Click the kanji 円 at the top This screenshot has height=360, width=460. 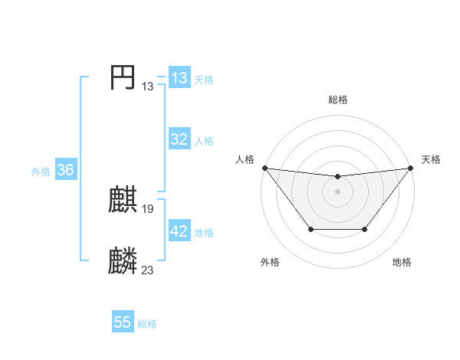(123, 77)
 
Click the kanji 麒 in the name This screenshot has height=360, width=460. (123, 201)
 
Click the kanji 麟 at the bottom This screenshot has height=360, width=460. (123, 261)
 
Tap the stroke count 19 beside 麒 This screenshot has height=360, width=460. (148, 208)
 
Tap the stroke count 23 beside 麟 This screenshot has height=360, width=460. (148, 269)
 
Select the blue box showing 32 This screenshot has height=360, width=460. (179, 139)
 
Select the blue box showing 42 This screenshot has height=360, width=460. (179, 231)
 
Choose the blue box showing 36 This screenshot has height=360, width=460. (65, 170)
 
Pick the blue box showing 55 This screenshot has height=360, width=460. (123, 322)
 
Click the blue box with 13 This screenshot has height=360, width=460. (179, 78)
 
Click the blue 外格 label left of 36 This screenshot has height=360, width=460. (41, 172)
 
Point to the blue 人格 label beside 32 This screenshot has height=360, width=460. (204, 141)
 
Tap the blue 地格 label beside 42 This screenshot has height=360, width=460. (204, 233)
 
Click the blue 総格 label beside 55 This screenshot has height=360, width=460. (147, 324)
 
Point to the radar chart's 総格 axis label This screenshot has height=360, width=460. (338, 100)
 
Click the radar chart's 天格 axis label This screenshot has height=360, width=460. (431, 159)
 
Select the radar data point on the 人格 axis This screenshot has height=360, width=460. (264, 168)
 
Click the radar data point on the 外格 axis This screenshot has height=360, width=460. (310, 229)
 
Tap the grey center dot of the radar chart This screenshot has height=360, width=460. (338, 191)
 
